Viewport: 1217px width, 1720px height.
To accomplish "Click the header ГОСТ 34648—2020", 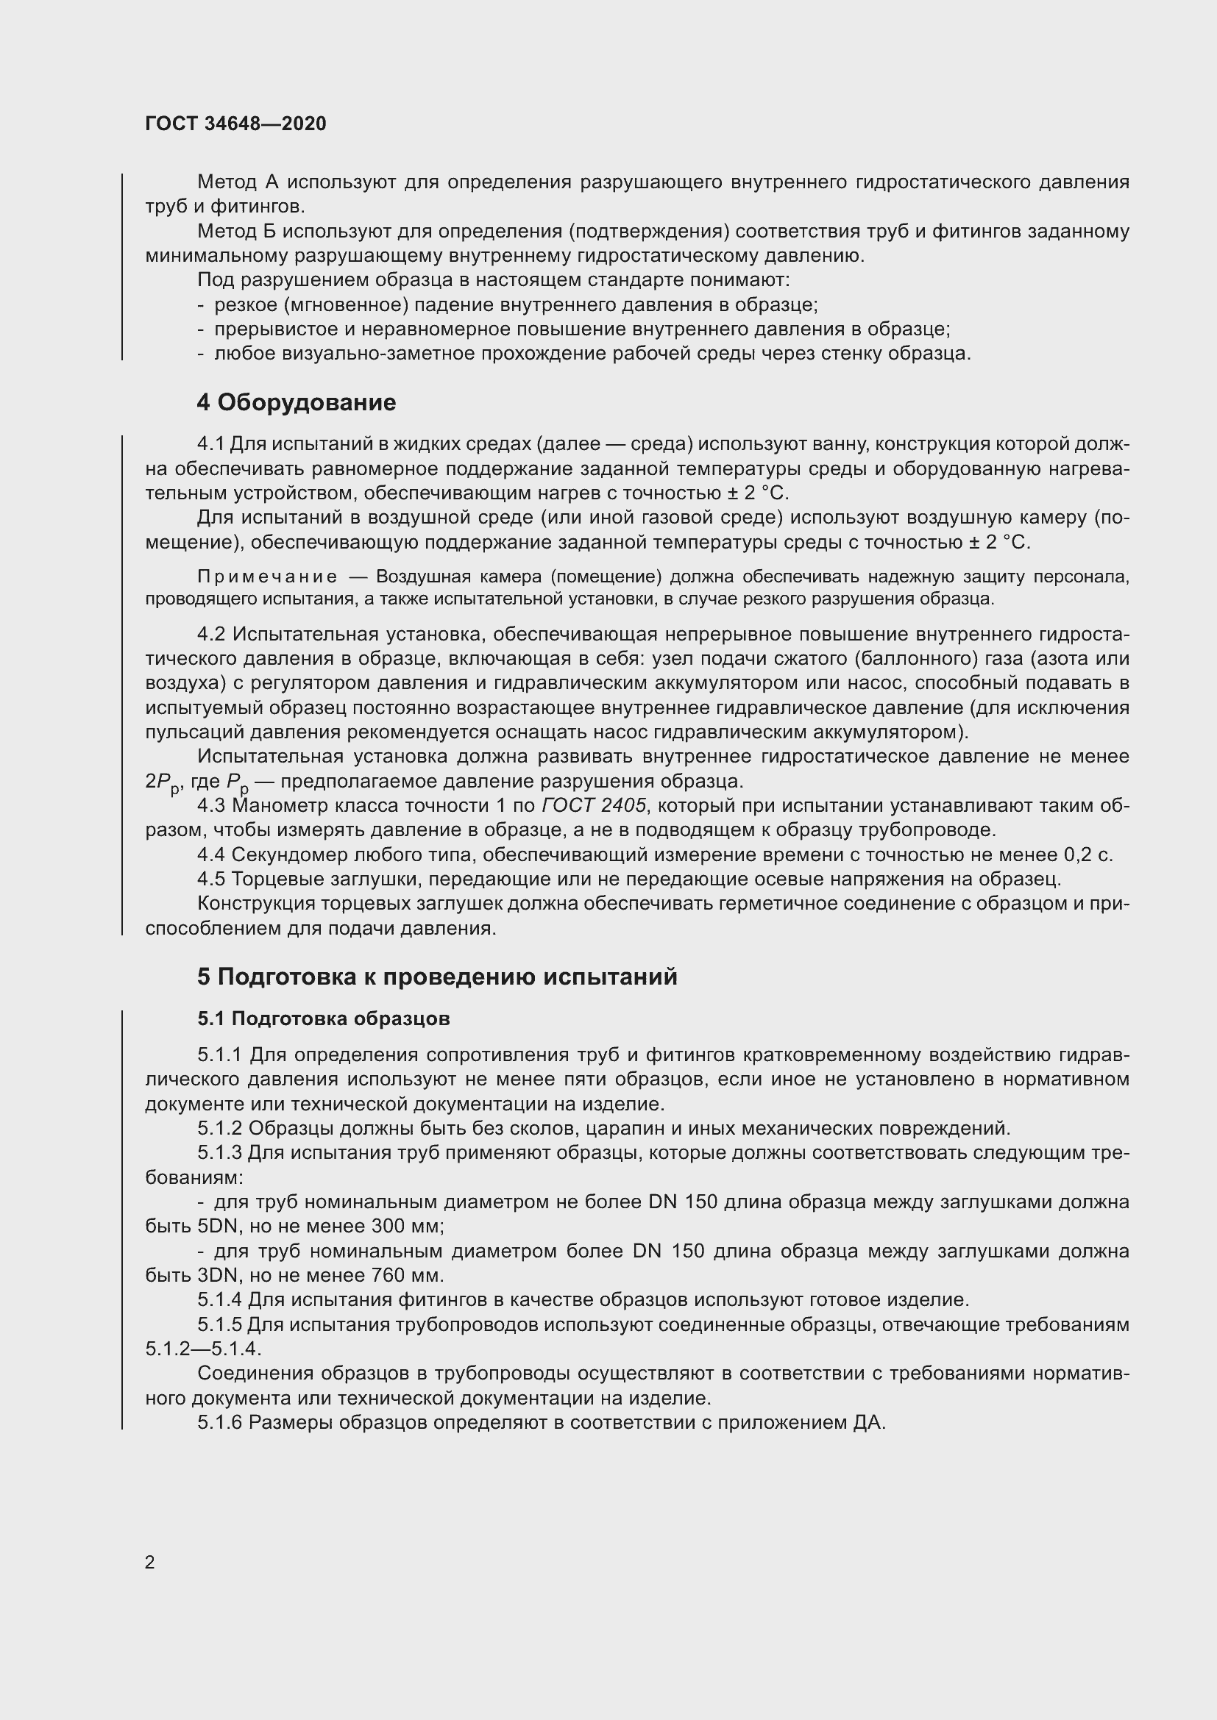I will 235,124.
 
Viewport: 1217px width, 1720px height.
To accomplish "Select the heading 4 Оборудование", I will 296,402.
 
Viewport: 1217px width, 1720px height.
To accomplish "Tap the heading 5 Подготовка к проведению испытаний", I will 437,977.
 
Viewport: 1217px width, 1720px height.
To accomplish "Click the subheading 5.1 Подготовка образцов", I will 323,1018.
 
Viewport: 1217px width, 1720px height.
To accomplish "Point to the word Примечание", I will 267,577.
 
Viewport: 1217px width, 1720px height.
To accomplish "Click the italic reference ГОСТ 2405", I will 594,805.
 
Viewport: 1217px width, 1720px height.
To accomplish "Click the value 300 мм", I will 408,1227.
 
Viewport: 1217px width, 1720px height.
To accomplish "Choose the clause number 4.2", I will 210,635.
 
